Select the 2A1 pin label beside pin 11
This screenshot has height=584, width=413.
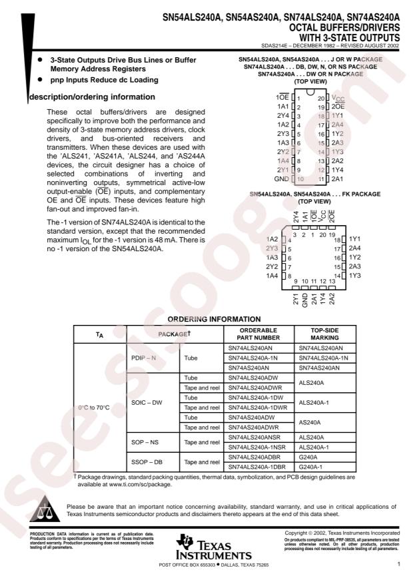click(338, 179)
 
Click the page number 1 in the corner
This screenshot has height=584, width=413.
click(398, 565)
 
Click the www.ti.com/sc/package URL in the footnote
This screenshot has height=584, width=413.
click(135, 485)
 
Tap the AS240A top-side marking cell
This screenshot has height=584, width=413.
click(311, 422)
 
